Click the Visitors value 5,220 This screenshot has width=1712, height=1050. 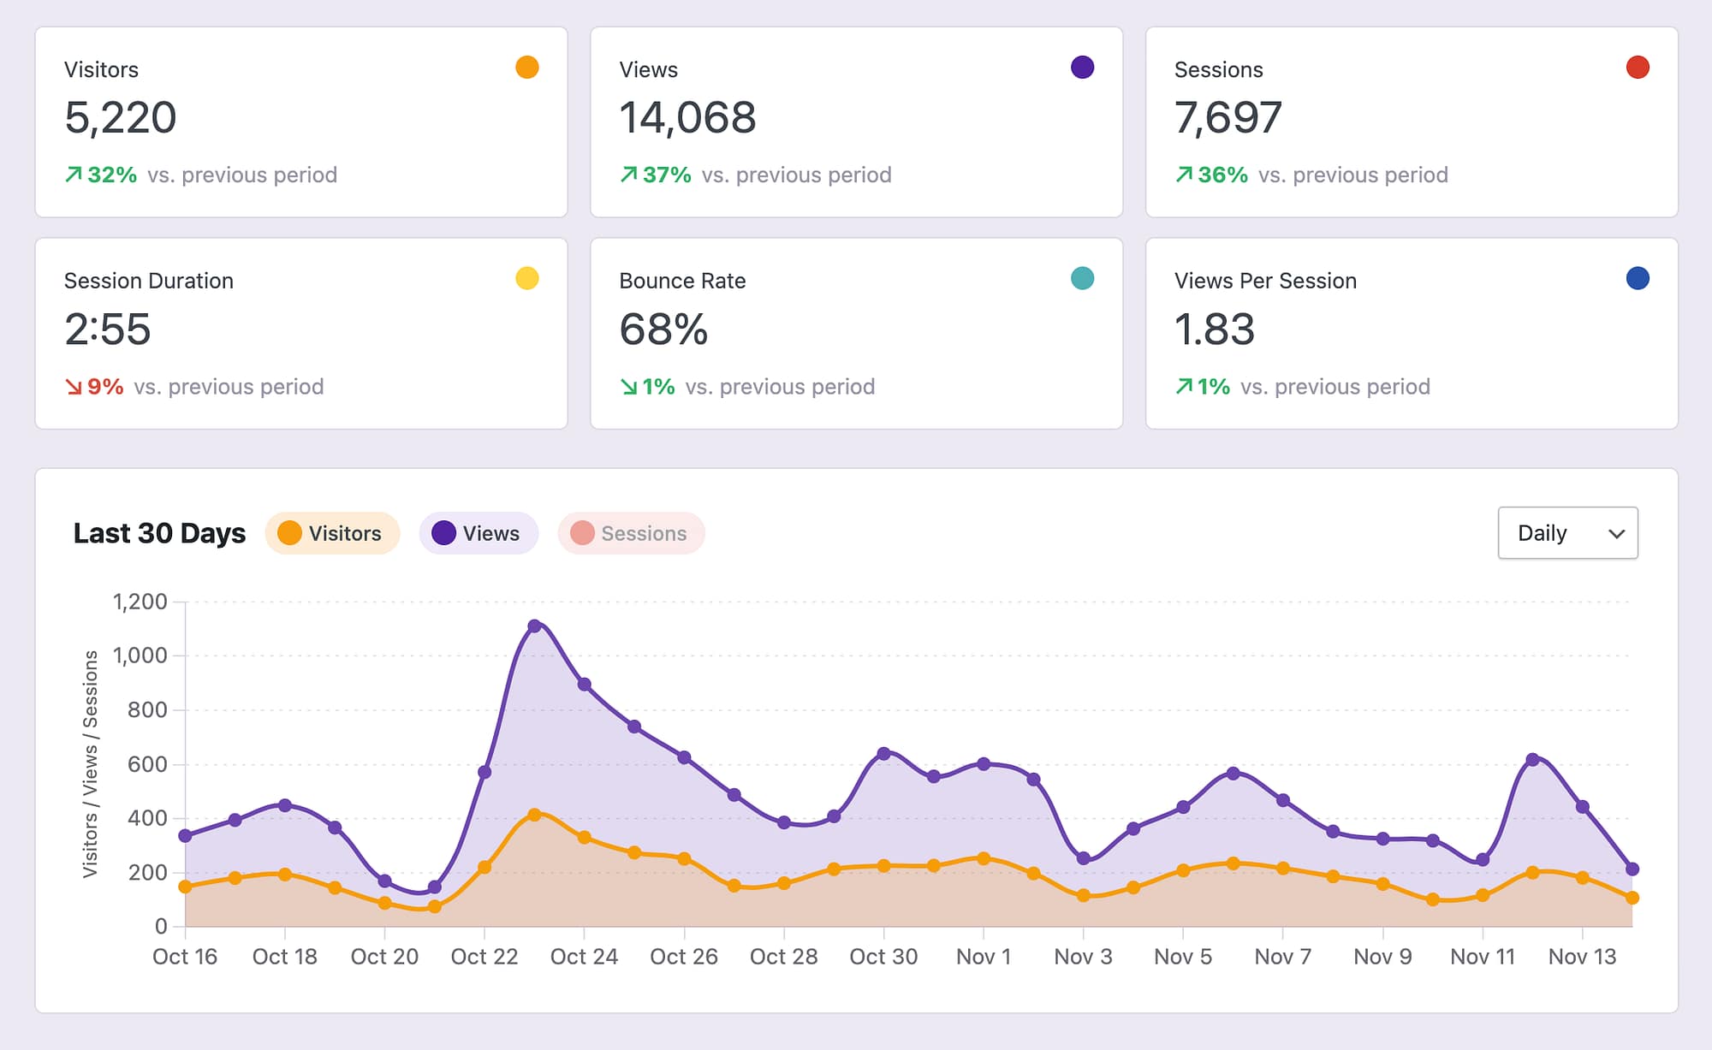pos(120,117)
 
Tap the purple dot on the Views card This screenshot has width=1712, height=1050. pos(1082,68)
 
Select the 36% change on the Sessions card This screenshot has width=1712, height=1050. pos(1222,175)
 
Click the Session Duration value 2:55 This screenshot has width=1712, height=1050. pos(108,329)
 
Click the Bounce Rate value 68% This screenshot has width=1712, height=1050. pos(663,329)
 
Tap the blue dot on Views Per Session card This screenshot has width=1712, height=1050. pos(1637,278)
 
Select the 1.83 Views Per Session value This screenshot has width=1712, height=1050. pos(1214,329)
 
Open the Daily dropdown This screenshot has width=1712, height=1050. pos(1567,533)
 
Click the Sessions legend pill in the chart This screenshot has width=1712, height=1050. pos(631,533)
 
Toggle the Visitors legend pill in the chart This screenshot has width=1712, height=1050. pos(332,533)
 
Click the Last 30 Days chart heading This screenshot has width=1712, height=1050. pos(159,533)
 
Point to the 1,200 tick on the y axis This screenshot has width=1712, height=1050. pos(140,602)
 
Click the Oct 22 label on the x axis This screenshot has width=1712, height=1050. pos(484,957)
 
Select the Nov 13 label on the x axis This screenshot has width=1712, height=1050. pos(1582,957)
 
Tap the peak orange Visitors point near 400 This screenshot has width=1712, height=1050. pos(534,815)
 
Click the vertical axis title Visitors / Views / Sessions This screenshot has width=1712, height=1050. pos(90,763)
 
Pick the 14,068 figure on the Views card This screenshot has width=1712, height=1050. pos(687,117)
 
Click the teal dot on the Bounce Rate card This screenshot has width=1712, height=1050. pos(1082,278)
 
